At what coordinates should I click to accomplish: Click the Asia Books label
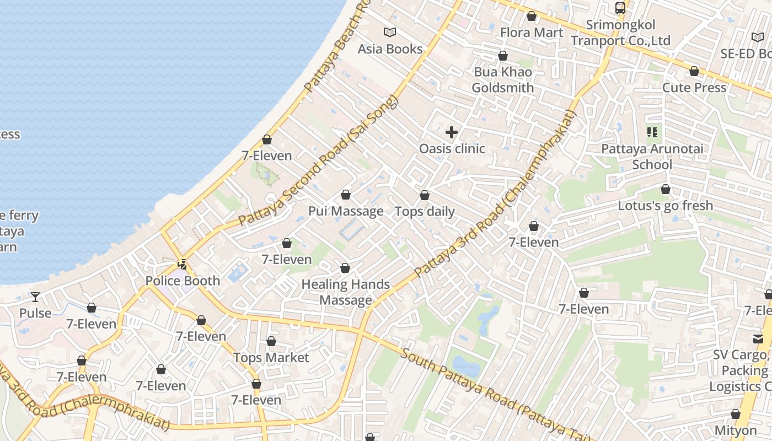click(390, 49)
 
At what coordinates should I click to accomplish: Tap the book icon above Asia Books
click(390, 33)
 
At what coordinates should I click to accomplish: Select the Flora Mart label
click(532, 33)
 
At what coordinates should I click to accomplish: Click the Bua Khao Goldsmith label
click(502, 80)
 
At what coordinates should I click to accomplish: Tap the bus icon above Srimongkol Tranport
click(620, 8)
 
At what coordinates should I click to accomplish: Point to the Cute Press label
click(694, 88)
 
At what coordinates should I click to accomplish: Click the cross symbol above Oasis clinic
click(452, 132)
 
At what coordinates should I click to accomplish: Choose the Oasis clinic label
click(452, 148)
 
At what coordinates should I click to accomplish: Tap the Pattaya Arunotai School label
click(652, 157)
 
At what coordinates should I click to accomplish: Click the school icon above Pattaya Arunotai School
click(652, 132)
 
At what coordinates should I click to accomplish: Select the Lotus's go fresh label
click(665, 206)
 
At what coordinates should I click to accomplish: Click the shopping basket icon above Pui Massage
click(346, 195)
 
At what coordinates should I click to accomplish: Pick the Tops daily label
click(425, 212)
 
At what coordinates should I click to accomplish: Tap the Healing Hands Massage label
click(346, 292)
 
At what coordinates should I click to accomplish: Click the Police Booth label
click(183, 281)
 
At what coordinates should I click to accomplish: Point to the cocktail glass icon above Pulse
click(35, 297)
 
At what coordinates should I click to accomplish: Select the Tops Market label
click(271, 358)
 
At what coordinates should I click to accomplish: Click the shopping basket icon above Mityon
click(736, 414)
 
